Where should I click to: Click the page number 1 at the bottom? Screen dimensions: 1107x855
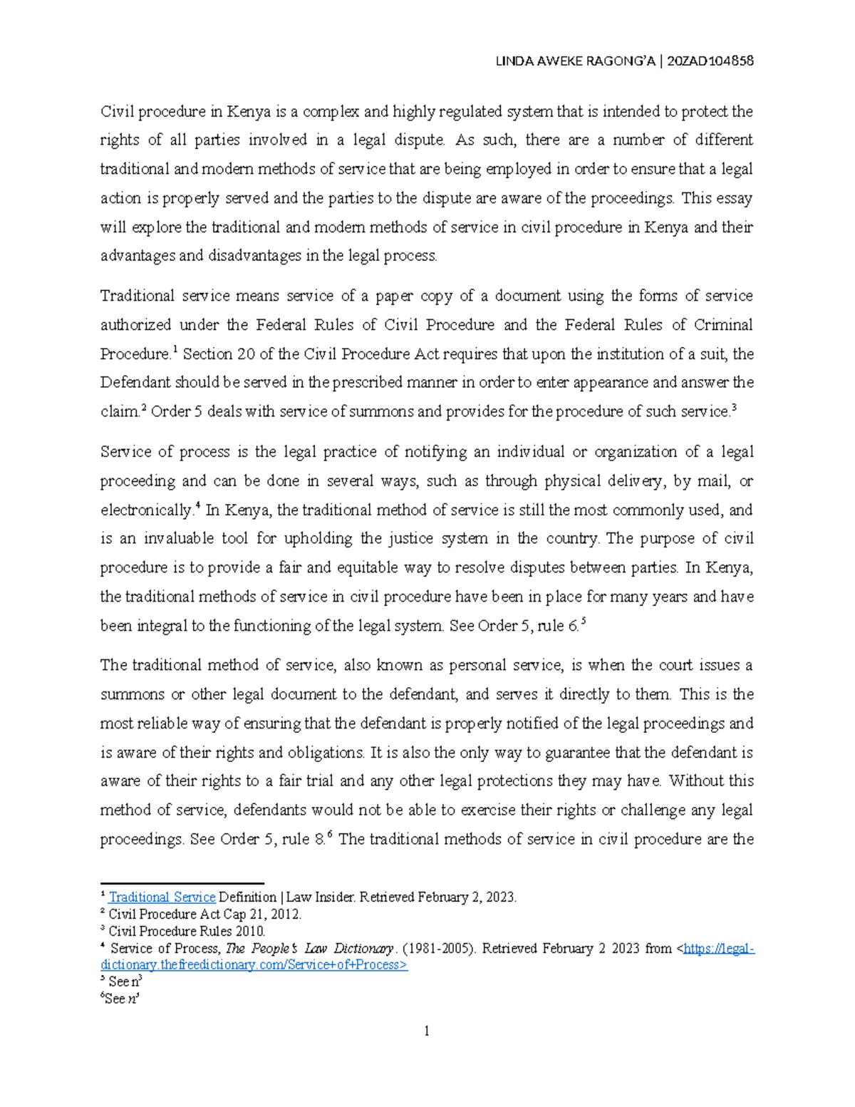(x=427, y=1031)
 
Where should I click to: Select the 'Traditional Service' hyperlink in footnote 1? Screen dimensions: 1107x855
(x=162, y=897)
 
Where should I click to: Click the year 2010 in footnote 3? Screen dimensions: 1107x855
(x=250, y=932)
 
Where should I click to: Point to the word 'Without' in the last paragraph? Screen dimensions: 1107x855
(x=697, y=781)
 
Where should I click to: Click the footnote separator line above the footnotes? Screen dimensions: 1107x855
(x=182, y=882)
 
